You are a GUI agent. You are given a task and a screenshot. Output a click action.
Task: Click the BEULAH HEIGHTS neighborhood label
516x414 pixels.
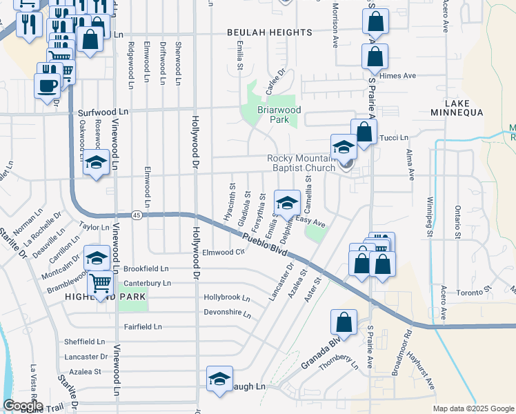270,32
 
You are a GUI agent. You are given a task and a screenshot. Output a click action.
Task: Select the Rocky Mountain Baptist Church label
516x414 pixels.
301,162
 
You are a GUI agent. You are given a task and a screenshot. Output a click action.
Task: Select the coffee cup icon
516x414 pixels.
48,86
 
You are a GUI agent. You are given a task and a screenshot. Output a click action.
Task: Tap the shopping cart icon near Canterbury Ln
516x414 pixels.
101,282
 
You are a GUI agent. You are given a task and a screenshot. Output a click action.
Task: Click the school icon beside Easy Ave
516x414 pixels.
287,203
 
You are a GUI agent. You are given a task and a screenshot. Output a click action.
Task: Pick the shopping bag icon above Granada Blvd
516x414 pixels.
344,322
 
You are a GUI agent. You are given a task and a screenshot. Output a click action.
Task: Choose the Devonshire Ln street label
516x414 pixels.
227,313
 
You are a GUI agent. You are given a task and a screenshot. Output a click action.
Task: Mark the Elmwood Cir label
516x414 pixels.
223,253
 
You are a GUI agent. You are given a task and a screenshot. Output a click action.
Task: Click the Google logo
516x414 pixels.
23,406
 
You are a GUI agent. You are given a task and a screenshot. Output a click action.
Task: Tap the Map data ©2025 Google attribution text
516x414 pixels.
473,408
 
